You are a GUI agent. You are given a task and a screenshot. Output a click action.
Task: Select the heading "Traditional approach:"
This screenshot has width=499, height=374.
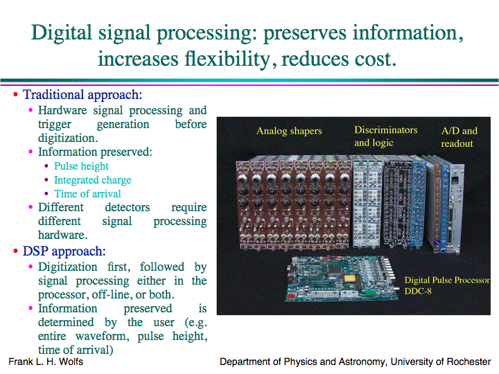tap(82, 95)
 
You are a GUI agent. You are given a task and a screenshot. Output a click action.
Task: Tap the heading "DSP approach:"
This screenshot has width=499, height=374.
tap(64, 251)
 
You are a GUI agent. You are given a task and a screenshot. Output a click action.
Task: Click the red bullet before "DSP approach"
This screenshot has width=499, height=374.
tap(15, 251)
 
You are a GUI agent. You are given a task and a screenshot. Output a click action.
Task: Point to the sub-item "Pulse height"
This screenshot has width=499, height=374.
tap(81, 166)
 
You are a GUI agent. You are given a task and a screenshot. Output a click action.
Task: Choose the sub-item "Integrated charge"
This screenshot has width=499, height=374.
tap(93, 180)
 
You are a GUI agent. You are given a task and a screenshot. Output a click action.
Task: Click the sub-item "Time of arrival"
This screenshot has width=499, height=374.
tap(87, 194)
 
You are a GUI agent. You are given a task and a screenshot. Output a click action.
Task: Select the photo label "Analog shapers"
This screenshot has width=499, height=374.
tap(289, 131)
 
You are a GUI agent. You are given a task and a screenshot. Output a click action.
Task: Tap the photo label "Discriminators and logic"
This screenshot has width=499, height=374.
tap(386, 136)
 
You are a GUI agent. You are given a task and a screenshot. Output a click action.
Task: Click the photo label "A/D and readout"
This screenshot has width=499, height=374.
tap(459, 137)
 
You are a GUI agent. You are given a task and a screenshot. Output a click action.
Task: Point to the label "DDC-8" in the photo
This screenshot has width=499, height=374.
tap(418, 291)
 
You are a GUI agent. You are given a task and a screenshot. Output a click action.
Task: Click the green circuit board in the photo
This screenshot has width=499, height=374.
tap(342, 278)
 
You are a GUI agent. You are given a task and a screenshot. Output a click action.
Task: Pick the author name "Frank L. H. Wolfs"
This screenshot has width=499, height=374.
tap(46, 362)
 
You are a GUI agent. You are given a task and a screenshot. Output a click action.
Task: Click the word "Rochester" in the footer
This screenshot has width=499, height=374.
tap(469, 362)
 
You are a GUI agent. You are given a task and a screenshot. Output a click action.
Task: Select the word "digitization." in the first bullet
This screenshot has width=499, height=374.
tap(68, 138)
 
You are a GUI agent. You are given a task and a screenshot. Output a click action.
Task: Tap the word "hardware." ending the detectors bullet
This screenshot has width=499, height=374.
tap(62, 235)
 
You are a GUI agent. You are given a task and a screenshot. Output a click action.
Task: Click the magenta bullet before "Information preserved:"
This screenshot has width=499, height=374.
tap(30, 152)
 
